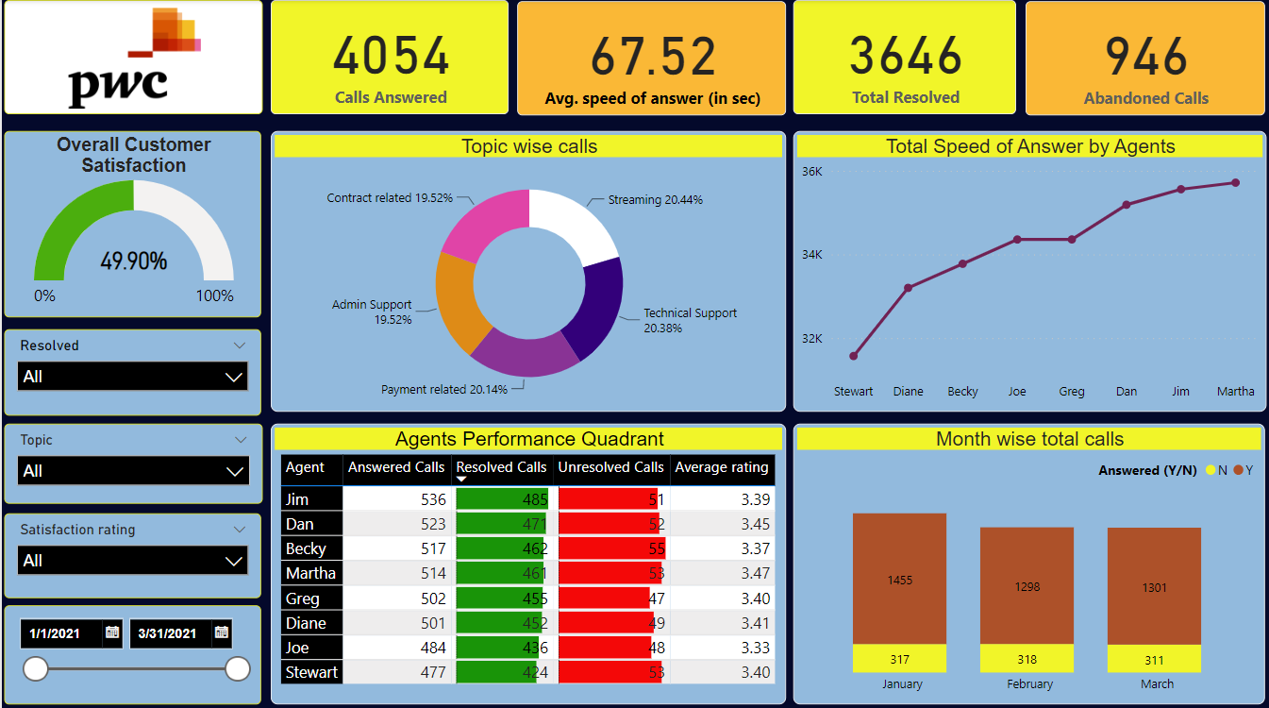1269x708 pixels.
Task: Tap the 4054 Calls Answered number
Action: [391, 56]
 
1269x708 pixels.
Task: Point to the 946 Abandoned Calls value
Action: [1145, 56]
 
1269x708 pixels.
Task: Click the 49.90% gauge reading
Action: [133, 261]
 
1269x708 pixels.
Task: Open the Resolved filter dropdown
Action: [133, 377]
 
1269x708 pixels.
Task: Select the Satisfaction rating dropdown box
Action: [133, 561]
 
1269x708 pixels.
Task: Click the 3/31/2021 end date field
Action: [180, 633]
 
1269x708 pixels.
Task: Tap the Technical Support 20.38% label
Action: [690, 320]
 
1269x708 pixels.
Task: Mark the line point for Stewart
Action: [854, 356]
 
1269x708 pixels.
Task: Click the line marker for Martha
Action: [1235, 183]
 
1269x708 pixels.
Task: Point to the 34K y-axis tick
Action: [811, 254]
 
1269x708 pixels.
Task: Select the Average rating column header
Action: [722, 467]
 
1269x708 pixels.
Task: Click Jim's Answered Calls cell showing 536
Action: [395, 499]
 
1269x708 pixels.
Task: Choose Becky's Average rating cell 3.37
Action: [722, 548]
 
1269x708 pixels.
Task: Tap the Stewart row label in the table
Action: [311, 672]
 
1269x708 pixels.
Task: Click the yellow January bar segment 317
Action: [899, 660]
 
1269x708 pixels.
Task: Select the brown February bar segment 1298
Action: [1027, 586]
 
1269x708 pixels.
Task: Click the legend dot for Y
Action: [1238, 470]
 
